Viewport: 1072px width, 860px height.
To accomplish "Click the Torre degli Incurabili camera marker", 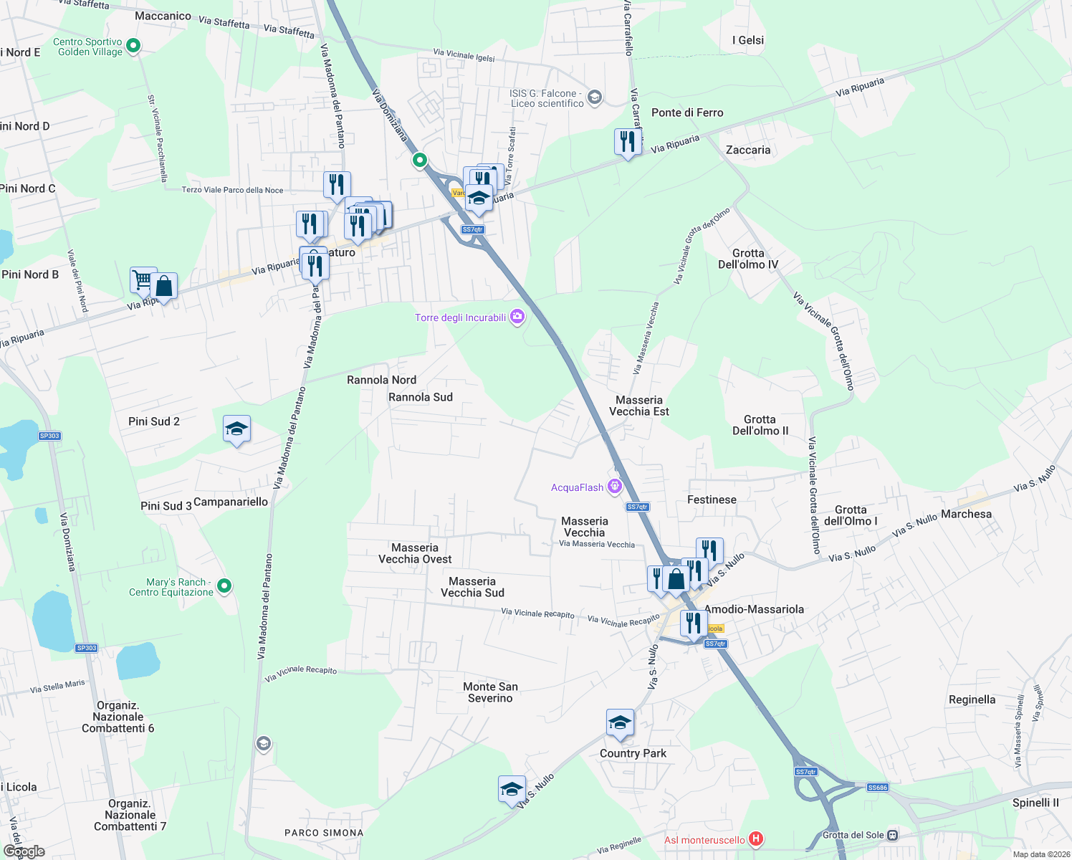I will [517, 317].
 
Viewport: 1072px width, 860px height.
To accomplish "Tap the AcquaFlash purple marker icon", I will [614, 487].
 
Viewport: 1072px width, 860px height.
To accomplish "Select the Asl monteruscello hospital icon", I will [755, 838].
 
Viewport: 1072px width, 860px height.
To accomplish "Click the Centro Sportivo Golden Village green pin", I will [133, 46].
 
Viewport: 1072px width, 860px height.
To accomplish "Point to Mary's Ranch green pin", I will [224, 586].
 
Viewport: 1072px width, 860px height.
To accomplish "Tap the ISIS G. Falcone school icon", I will [594, 97].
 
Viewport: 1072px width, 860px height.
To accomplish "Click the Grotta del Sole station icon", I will [892, 835].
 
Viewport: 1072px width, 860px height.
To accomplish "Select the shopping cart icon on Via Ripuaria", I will [143, 279].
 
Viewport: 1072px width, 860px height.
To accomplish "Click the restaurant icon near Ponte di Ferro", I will [628, 142].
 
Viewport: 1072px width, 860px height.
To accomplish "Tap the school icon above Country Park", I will [620, 723].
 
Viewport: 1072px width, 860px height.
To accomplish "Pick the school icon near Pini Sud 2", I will [236, 429].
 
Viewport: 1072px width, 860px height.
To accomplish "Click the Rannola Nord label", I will [381, 380].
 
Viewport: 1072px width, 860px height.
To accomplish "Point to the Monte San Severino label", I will [490, 692].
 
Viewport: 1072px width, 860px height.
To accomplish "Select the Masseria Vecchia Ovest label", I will [415, 553].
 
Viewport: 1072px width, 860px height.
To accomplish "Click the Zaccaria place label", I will [748, 150].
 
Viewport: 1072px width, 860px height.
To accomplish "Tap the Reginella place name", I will [972, 699].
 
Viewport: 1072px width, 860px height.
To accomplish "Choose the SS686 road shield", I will [877, 788].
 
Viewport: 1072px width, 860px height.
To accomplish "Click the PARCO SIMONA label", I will [324, 833].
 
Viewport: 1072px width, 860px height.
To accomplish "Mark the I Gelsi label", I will [748, 40].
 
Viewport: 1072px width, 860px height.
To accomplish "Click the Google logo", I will [24, 851].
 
